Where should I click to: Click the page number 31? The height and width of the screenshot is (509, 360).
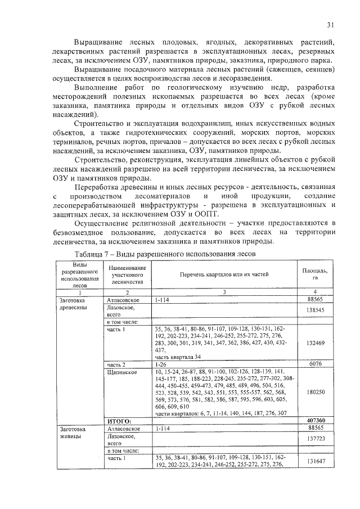tap(330, 24)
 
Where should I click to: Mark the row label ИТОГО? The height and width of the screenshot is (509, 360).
tap(119, 420)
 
